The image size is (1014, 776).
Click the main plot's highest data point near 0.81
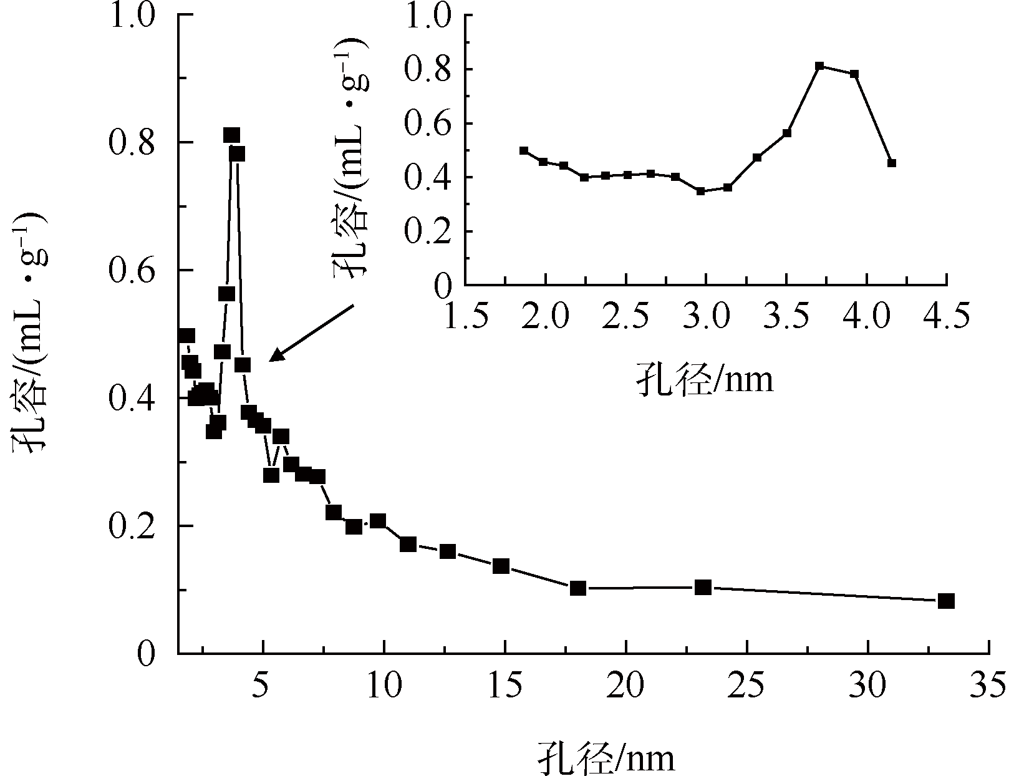(231, 135)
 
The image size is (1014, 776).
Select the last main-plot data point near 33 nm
(946, 601)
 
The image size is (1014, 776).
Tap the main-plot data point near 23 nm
(703, 587)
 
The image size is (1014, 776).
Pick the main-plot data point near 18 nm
(578, 588)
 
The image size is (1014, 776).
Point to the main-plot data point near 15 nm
(501, 566)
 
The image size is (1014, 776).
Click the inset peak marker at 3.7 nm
(819, 65)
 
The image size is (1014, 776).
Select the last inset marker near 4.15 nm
(892, 163)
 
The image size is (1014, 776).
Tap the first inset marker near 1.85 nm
(524, 150)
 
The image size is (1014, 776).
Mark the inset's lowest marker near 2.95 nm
(700, 191)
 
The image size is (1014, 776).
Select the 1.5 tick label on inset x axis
(465, 313)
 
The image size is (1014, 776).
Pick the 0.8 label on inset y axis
(426, 69)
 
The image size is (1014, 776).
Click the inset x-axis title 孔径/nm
(705, 378)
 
